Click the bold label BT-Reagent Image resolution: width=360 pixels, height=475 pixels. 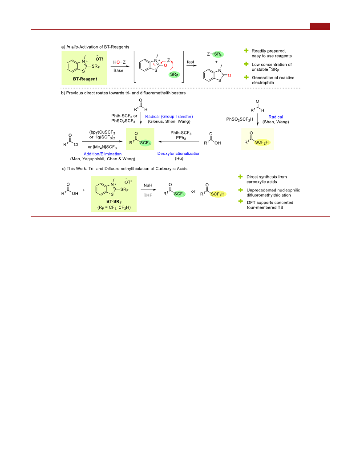point(85,79)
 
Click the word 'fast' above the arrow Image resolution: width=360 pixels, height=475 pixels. point(190,62)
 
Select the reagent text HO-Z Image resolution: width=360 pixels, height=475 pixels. point(119,62)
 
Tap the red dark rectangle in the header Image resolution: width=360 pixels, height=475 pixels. point(320,26)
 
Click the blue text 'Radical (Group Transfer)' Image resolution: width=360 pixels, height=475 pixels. point(169,116)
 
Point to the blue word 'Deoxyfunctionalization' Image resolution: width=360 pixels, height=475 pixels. point(179,154)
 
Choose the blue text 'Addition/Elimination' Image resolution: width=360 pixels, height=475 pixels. point(103,154)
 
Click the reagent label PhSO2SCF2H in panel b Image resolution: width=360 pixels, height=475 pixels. point(239,119)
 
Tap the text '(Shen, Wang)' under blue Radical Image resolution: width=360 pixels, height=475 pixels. point(276,122)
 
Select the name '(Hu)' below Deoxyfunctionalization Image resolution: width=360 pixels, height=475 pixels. point(179,158)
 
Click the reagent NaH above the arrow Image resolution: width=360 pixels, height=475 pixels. point(148,185)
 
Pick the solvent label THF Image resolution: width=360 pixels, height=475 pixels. point(148,195)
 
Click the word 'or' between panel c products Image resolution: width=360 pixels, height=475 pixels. point(193,191)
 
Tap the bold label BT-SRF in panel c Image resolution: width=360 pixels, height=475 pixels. point(114,202)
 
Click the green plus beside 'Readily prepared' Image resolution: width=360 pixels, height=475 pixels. point(246,51)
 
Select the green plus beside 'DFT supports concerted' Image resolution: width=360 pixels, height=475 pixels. point(241,201)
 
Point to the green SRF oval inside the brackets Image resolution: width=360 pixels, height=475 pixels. point(174,74)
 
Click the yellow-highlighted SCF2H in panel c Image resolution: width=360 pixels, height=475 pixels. point(218,194)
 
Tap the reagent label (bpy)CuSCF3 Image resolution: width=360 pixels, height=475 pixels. point(102,132)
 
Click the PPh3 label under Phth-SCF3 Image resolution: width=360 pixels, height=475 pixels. point(181,138)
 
